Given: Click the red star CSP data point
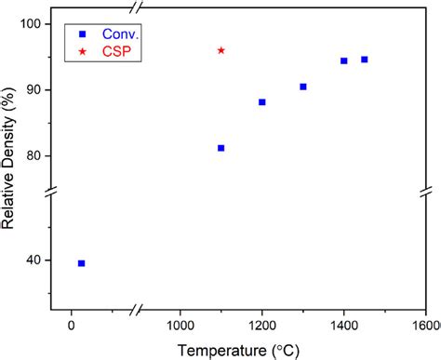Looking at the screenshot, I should [x=220, y=50].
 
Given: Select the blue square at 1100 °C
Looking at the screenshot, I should [x=220, y=148].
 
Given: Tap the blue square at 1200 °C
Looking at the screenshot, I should [x=262, y=102].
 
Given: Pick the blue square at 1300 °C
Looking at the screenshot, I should [x=303, y=87].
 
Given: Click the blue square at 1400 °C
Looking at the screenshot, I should [x=344, y=60].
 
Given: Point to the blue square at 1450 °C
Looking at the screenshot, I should [x=364, y=60].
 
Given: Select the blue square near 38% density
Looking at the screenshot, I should [x=81, y=263].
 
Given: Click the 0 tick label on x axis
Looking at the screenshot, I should [x=72, y=326].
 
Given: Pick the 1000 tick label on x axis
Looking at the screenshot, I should [x=180, y=326].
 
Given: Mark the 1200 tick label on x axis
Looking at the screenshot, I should [x=262, y=326].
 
